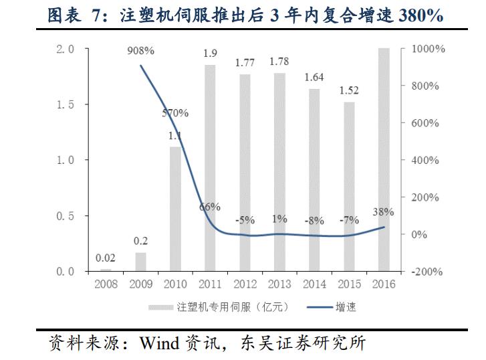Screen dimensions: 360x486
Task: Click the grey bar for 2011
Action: pyautogui.click(x=210, y=168)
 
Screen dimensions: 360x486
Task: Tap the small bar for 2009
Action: pyautogui.click(x=140, y=262)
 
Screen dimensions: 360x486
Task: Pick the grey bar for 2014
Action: pyautogui.click(x=314, y=180)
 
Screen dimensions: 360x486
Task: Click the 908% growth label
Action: pyautogui.click(x=140, y=51)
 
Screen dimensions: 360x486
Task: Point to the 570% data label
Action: pyautogui.click(x=175, y=112)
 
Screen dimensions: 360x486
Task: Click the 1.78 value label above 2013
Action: pyautogui.click(x=279, y=62)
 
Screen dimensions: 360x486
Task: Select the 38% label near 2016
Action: pyautogui.click(x=383, y=212)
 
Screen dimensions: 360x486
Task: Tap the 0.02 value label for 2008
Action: pyautogui.click(x=106, y=257)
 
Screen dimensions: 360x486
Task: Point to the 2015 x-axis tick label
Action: pyautogui.click(x=349, y=284)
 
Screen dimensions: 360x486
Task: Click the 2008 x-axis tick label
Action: pyautogui.click(x=106, y=284)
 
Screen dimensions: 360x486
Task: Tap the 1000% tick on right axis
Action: pyautogui.click(x=423, y=50)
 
